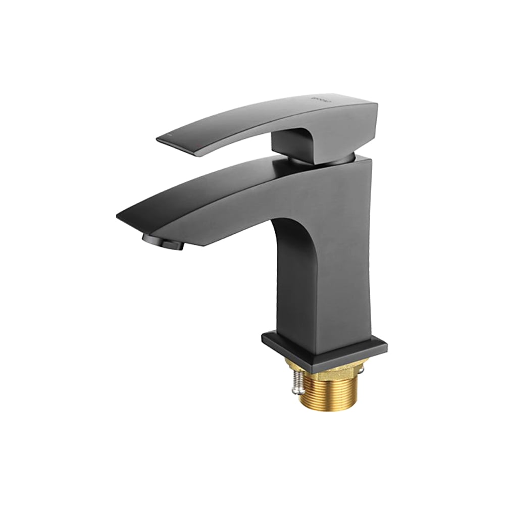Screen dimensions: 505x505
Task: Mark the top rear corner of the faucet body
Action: point(371,161)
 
